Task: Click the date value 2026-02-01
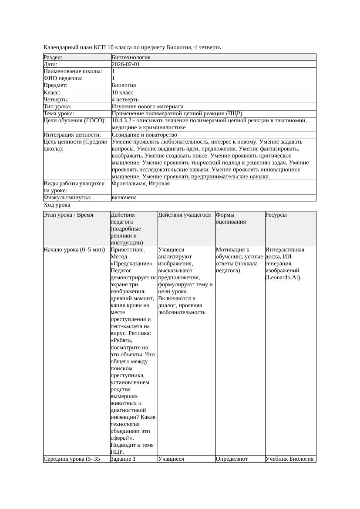(x=125, y=64)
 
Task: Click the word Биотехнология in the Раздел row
(x=131, y=57)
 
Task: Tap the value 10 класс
(x=122, y=93)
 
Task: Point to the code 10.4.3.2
(x=122, y=121)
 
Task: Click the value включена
(x=124, y=198)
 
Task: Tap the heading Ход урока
(x=57, y=205)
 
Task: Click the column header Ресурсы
(x=276, y=215)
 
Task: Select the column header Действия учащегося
(x=185, y=215)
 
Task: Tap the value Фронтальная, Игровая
(x=141, y=184)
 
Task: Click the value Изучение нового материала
(x=147, y=107)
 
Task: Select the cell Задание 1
(x=123, y=459)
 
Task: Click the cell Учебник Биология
(x=289, y=459)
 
